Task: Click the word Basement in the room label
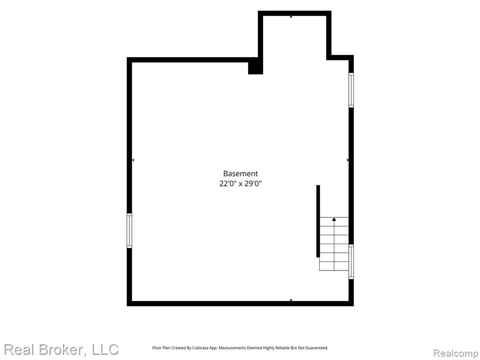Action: tap(240, 174)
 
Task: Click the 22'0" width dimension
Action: tap(228, 184)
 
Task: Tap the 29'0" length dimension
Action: tap(253, 184)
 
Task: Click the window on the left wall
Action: tap(129, 231)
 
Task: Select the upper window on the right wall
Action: tap(351, 90)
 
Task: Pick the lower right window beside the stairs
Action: tap(351, 262)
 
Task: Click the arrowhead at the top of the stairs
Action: tap(334, 219)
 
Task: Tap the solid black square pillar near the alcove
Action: tap(255, 68)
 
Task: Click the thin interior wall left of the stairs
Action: tap(318, 221)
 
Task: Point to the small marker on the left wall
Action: tap(133, 160)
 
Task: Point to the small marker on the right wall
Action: tap(348, 160)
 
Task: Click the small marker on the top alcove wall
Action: tap(291, 16)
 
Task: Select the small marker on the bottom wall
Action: tap(291, 300)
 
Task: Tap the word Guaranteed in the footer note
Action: tap(317, 348)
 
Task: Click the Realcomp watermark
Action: tap(456, 353)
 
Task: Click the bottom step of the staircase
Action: tap(334, 266)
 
